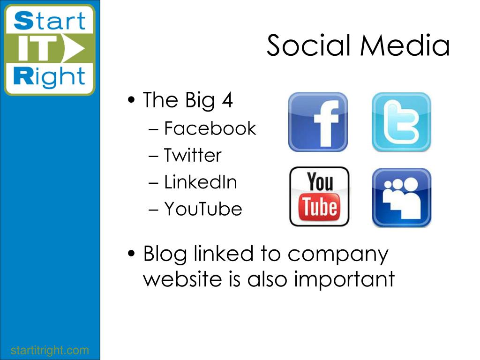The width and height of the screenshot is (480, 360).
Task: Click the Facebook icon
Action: pyautogui.click(x=318, y=122)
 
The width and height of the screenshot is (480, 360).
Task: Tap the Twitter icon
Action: pyautogui.click(x=401, y=122)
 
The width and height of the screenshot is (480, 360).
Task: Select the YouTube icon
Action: pyautogui.click(x=319, y=196)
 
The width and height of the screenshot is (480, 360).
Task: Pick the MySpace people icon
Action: pyautogui.click(x=402, y=197)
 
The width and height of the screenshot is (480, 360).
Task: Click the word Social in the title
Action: pyautogui.click(x=308, y=45)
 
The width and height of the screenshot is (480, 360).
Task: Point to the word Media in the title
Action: pyautogui.click(x=405, y=45)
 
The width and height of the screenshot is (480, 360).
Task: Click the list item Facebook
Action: pyautogui.click(x=210, y=128)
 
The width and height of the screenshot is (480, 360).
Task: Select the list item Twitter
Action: pyautogui.click(x=193, y=155)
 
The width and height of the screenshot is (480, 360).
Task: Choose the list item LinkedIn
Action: pyautogui.click(x=201, y=182)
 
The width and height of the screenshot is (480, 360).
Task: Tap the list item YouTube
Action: pyautogui.click(x=203, y=209)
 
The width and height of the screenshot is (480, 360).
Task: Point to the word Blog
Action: pyautogui.click(x=165, y=255)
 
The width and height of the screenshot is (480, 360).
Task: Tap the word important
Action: pyautogui.click(x=345, y=279)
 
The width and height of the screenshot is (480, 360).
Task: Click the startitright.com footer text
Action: pyautogui.click(x=50, y=350)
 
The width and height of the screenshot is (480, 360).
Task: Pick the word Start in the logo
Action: pyautogui.click(x=50, y=21)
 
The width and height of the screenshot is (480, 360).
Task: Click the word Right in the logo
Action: pyautogui.click(x=49, y=76)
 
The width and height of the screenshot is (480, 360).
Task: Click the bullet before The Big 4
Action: pyautogui.click(x=131, y=100)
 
